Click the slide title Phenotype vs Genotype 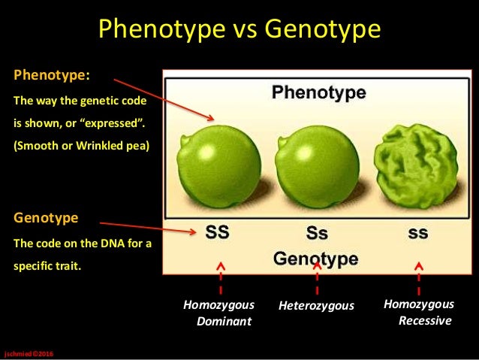click(239, 30)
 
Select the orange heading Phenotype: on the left click(52, 75)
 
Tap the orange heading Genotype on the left click(45, 218)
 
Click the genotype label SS click(218, 232)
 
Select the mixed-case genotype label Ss click(317, 233)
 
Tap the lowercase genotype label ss click(418, 233)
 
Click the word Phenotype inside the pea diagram click(318, 94)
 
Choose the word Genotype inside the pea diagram click(315, 259)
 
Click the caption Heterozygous click(316, 306)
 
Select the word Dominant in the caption click(224, 322)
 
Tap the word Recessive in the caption click(425, 321)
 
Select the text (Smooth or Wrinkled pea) click(81, 146)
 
